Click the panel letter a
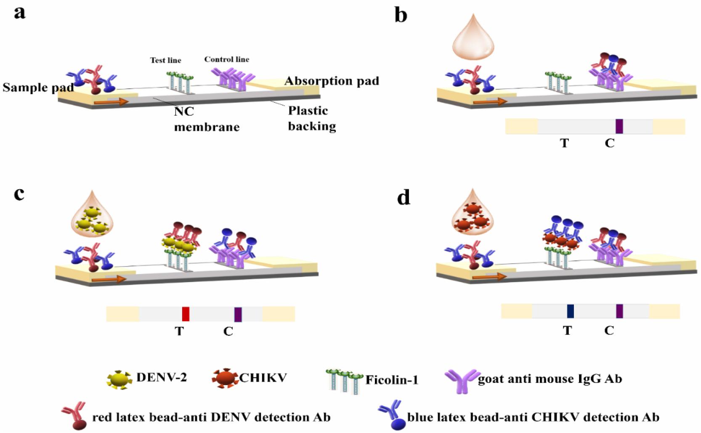pos(19,12)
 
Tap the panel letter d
pos(404,197)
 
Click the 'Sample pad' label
pos(38,87)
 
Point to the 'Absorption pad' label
pos(332,81)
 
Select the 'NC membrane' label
pos(206,119)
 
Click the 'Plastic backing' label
pos(312,118)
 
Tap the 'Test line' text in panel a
pos(165,60)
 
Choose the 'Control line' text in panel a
pos(226,59)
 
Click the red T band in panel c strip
pos(186,314)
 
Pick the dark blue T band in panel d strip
pos(570,311)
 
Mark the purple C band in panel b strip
pos(619,126)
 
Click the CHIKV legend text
pos(263,378)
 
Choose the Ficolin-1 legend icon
pos(344,380)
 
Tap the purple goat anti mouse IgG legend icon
pos(462,380)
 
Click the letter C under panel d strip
pos(609,330)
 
